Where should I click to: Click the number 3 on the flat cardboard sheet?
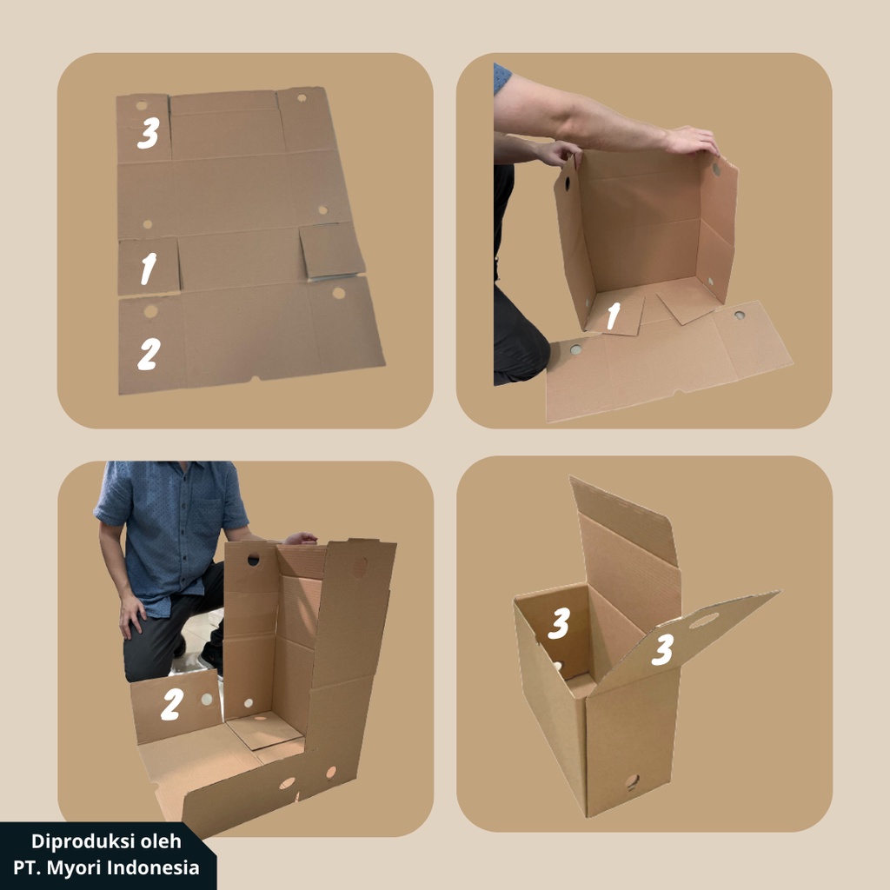pos(148,134)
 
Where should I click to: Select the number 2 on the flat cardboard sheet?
pos(149,353)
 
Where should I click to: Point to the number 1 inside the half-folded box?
pos(613,317)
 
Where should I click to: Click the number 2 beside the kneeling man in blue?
pos(171,706)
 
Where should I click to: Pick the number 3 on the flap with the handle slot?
pos(662,649)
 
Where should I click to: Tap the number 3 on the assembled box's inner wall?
pos(559,622)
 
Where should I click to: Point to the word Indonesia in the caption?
pos(157,867)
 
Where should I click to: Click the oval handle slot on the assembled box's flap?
pos(704,621)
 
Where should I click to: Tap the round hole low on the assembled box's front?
pos(632,781)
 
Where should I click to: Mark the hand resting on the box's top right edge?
pos(692,140)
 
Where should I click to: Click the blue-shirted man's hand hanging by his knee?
pos(132,614)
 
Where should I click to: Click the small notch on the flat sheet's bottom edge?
pos(254,378)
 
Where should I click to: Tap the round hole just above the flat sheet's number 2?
pos(150,310)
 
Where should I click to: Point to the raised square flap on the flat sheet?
pos(331,251)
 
